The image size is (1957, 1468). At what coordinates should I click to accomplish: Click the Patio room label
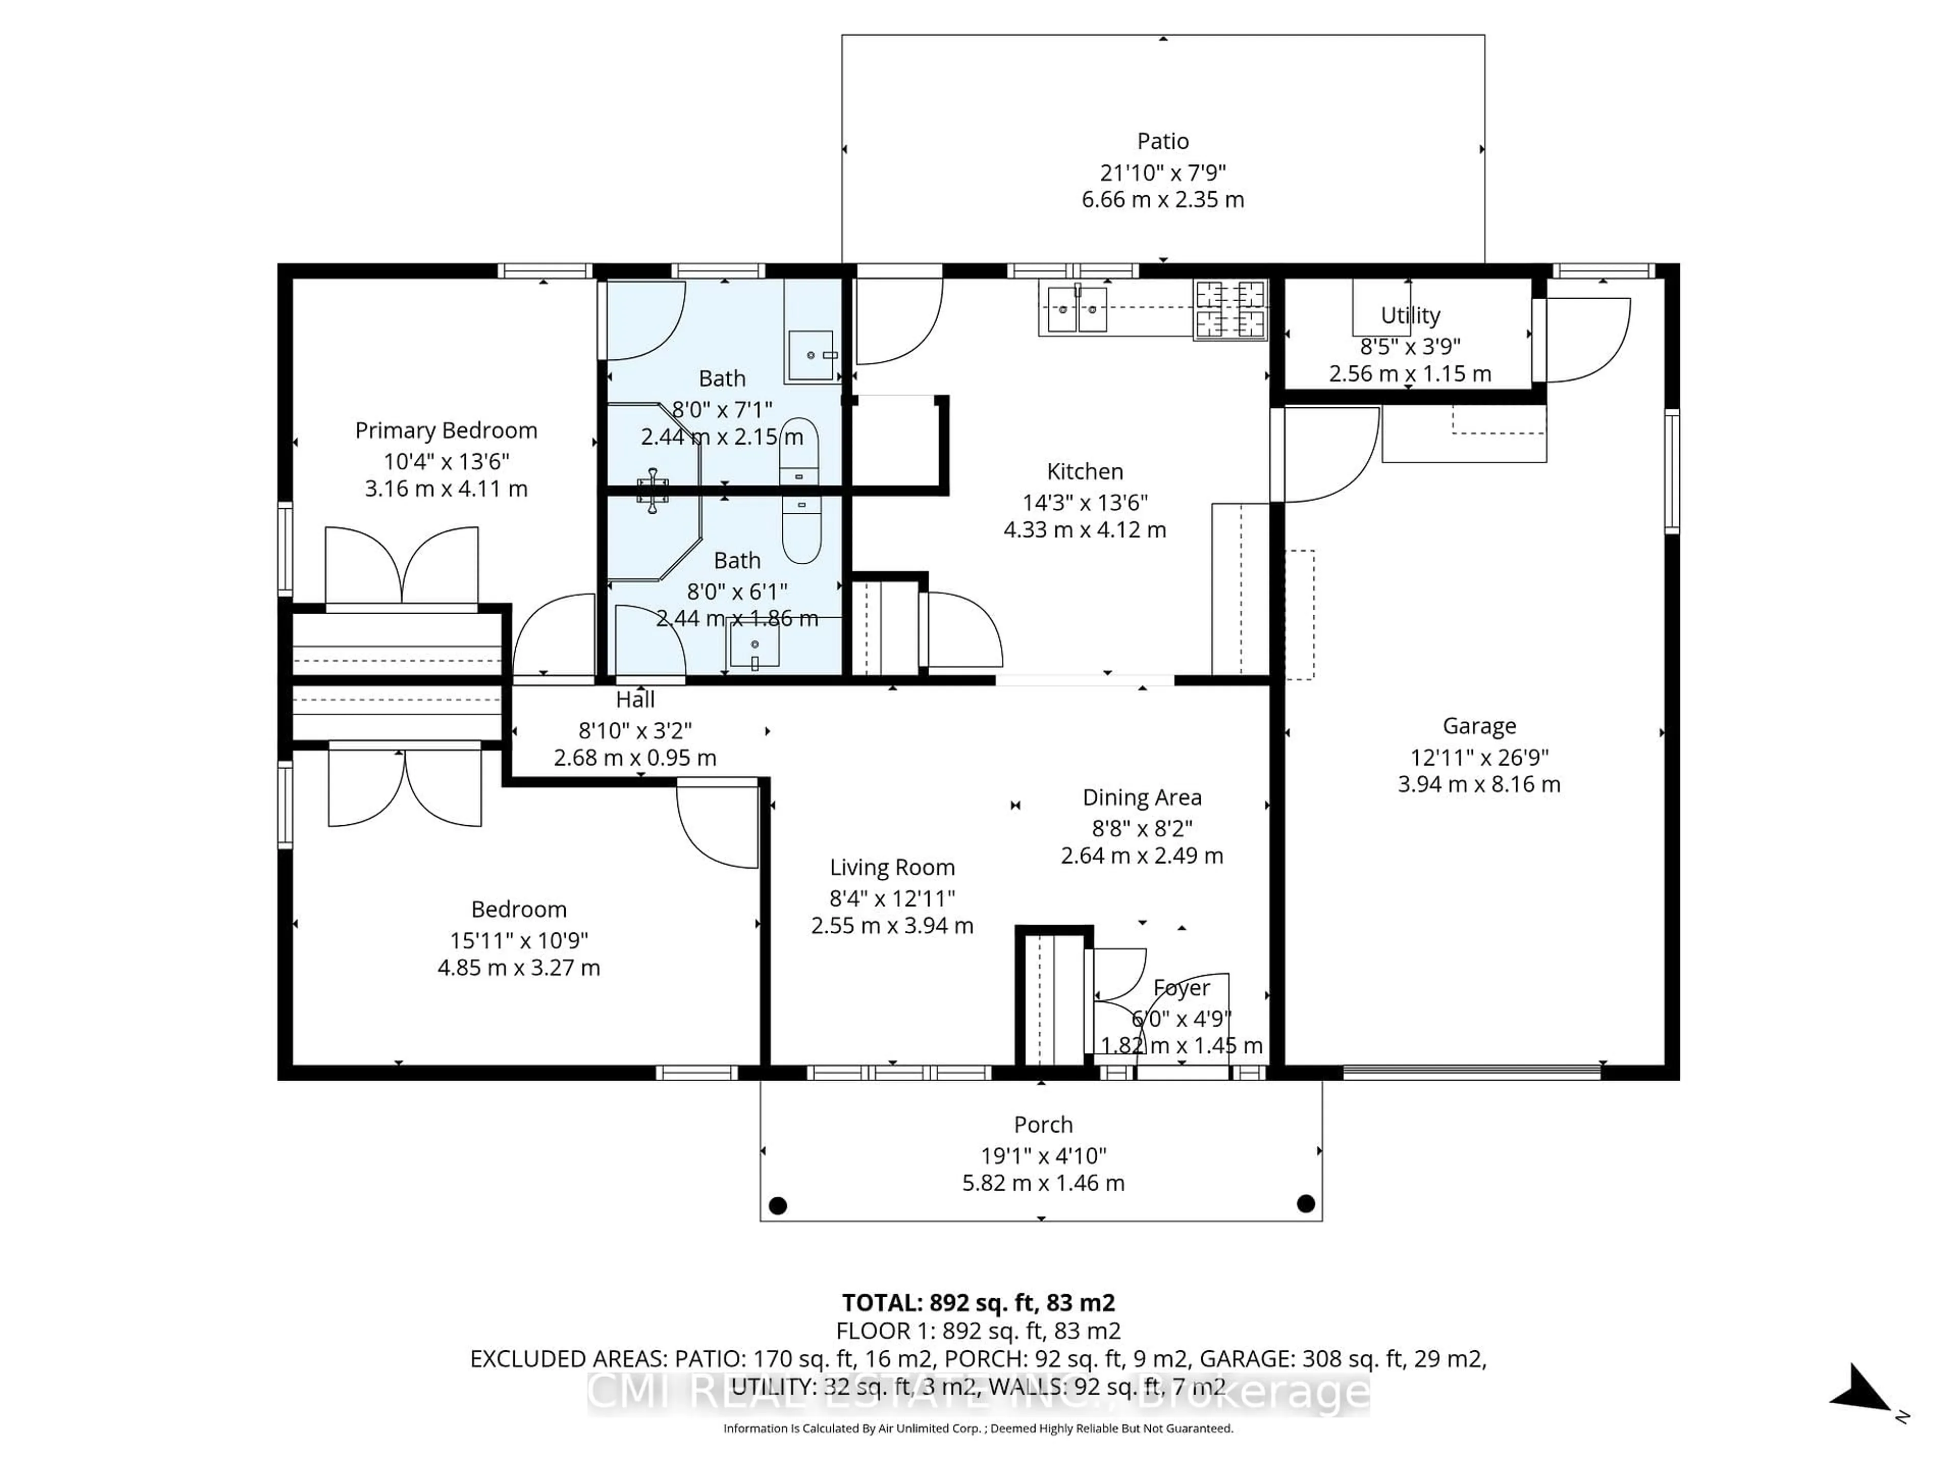tap(1162, 142)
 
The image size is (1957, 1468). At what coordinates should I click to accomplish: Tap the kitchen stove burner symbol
tap(1230, 310)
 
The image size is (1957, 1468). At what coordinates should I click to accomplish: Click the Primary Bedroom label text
tap(446, 431)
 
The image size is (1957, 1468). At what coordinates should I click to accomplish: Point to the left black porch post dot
tap(778, 1205)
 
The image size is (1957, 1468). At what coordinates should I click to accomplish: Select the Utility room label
tap(1410, 316)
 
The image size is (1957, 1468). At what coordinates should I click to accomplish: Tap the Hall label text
tap(635, 700)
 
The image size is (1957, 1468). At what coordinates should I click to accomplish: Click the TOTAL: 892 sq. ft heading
tap(977, 1302)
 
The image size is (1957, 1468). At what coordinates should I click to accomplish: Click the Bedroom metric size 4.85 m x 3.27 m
tap(518, 968)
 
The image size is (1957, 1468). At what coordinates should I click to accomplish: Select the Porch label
tap(1043, 1124)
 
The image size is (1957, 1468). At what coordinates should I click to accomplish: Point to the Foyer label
tap(1181, 987)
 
